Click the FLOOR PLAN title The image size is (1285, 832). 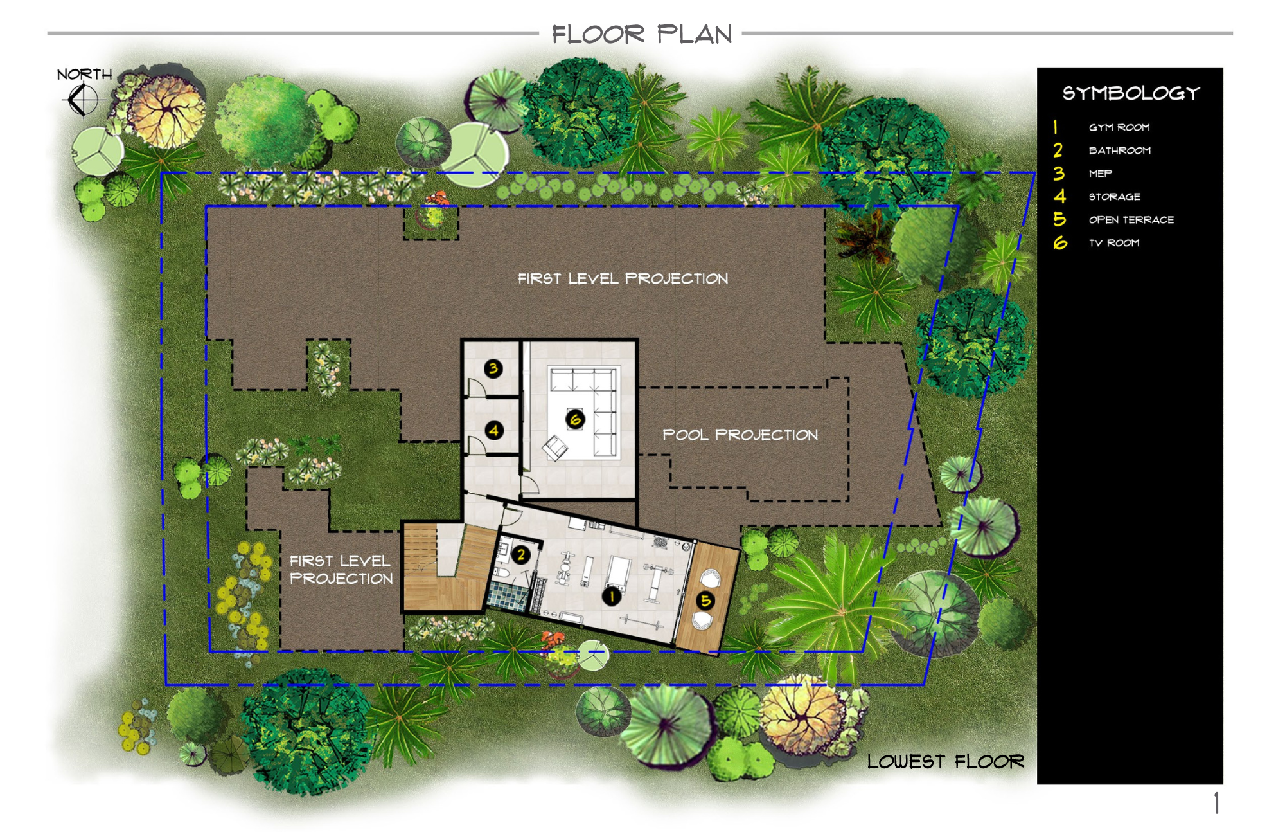pyautogui.click(x=642, y=34)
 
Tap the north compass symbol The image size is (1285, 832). pyautogui.click(x=83, y=100)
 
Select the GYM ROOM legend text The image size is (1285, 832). pyautogui.click(x=1119, y=127)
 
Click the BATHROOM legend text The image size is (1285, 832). pyautogui.click(x=1120, y=150)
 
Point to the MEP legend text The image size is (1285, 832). pyautogui.click(x=1100, y=174)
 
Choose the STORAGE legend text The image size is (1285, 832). pyautogui.click(x=1115, y=197)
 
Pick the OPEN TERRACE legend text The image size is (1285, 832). pyautogui.click(x=1131, y=220)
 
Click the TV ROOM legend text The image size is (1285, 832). pyautogui.click(x=1114, y=243)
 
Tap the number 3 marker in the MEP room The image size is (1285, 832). pyautogui.click(x=493, y=368)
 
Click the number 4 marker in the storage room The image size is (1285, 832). pyautogui.click(x=493, y=430)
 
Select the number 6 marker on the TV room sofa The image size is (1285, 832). pyautogui.click(x=575, y=419)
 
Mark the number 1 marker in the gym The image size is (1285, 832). pyautogui.click(x=612, y=596)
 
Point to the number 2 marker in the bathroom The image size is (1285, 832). pyautogui.click(x=521, y=554)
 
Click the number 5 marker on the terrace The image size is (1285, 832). pyautogui.click(x=705, y=601)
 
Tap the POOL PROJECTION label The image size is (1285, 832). pyautogui.click(x=740, y=435)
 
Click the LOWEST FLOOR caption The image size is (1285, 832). pyautogui.click(x=945, y=762)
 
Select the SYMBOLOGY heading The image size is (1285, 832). pyautogui.click(x=1131, y=94)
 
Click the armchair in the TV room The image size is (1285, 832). pyautogui.click(x=554, y=448)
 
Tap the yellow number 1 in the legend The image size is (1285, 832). pyautogui.click(x=1055, y=127)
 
